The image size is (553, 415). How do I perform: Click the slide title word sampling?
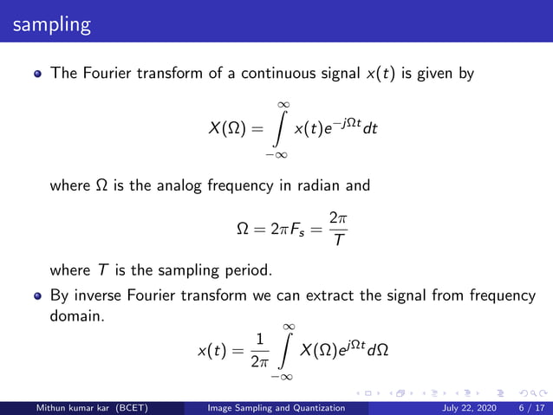51,24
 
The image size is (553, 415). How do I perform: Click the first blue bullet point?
37,75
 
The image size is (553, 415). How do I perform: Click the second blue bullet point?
37,295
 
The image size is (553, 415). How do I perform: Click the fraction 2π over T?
339,230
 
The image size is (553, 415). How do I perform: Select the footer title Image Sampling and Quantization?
283,408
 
